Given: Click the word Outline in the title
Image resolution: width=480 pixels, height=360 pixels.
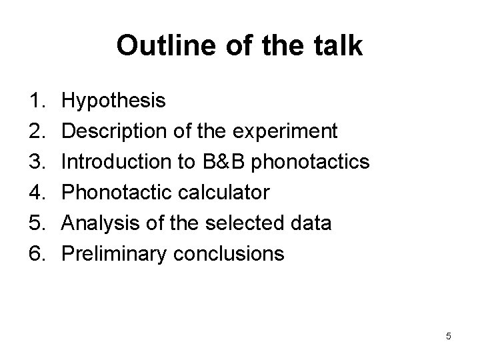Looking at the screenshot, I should (x=155, y=46).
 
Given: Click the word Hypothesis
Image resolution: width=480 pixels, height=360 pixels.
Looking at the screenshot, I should (x=113, y=101).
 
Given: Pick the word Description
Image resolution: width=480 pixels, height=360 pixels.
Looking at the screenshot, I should (x=113, y=132).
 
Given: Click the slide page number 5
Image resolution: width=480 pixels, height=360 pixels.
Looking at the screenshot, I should (x=448, y=337).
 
